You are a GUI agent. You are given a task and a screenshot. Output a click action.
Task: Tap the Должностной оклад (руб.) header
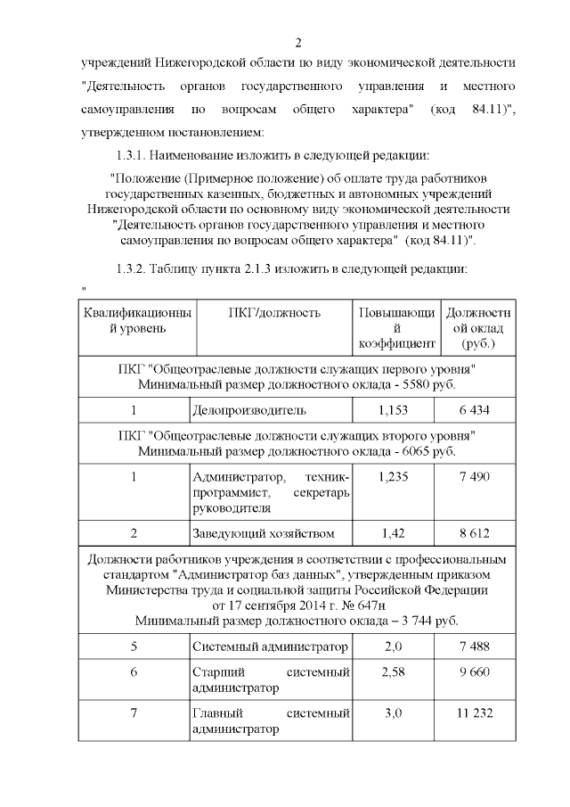(477, 327)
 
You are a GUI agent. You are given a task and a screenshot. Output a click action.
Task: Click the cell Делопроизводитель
(249, 410)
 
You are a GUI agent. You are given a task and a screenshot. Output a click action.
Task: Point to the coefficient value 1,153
(393, 410)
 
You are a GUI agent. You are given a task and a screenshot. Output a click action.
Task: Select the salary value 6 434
(475, 410)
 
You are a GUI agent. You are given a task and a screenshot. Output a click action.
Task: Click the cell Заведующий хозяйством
(264, 533)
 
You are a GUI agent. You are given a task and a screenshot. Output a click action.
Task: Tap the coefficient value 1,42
(393, 533)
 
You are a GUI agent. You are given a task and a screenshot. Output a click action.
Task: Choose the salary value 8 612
(475, 533)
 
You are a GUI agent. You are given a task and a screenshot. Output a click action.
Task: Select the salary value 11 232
(475, 712)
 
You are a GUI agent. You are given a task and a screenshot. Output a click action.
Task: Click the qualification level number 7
(134, 712)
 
